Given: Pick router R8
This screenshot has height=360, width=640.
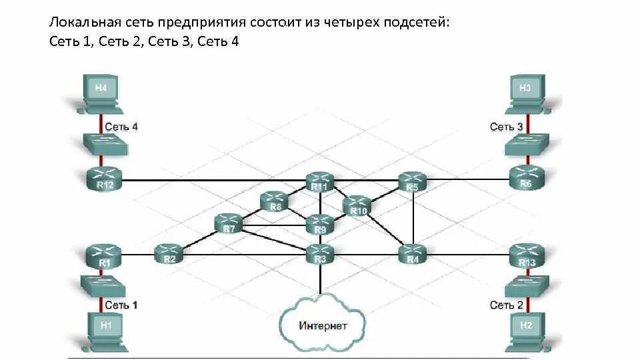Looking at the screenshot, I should pos(275,201).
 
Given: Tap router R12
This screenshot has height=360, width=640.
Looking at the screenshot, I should pos(105,179).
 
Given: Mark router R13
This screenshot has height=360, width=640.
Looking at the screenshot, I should pos(526,256).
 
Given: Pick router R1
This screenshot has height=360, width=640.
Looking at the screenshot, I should pos(105,256).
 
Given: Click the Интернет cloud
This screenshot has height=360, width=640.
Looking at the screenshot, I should pos(323,325).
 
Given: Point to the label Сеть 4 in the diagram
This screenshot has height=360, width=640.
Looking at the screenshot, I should pos(121,127).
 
